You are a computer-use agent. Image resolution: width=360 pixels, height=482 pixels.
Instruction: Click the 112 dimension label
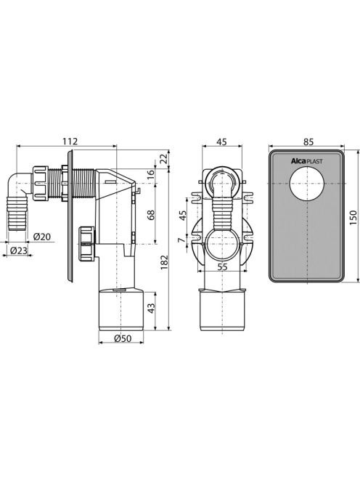point(70,141)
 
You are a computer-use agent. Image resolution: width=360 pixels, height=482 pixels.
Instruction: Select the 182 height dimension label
point(165,262)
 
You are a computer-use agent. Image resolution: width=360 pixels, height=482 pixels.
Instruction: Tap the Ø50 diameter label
point(123,338)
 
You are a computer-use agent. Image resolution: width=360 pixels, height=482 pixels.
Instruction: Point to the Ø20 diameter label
point(42,237)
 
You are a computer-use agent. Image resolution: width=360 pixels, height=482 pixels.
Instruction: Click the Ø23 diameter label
point(19,250)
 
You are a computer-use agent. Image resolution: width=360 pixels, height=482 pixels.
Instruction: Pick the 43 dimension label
point(151,308)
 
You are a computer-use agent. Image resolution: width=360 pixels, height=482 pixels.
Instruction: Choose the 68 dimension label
point(151,215)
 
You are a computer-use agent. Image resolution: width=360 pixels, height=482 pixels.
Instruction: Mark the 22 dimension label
point(165,158)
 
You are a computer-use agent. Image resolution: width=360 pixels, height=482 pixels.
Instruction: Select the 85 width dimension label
point(308,142)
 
